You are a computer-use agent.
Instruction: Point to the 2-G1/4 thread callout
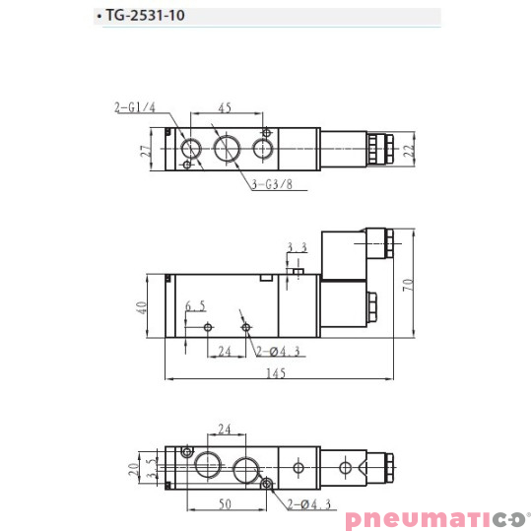pyautogui.click(x=135, y=107)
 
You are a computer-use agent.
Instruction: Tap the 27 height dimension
pyautogui.click(x=145, y=151)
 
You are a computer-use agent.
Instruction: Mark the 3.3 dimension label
pyautogui.click(x=298, y=247)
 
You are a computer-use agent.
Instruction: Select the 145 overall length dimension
pyautogui.click(x=275, y=372)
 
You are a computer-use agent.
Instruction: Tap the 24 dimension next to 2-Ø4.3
pyautogui.click(x=224, y=350)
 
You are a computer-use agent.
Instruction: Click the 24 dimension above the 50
pyautogui.click(x=224, y=430)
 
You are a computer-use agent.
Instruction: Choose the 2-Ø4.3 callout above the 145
pyautogui.click(x=278, y=350)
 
